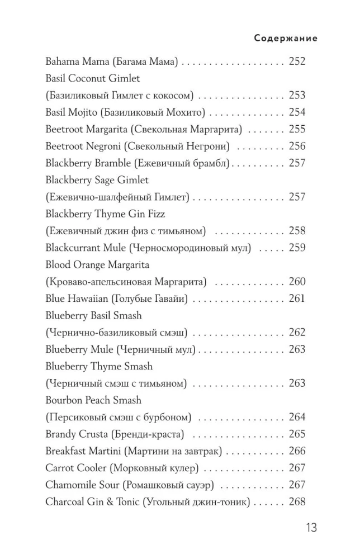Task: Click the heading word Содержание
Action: pos(286,39)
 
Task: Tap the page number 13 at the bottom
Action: pos(311,527)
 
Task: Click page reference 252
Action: pos(297,61)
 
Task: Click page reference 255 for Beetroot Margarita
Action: pos(297,129)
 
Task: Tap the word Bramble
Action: pos(107,163)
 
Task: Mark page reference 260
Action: pos(297,282)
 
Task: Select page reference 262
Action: pos(297,333)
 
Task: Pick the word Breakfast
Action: pos(66,451)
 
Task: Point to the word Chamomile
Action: pos(69,485)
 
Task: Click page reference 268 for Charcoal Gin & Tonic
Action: pos(297,502)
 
